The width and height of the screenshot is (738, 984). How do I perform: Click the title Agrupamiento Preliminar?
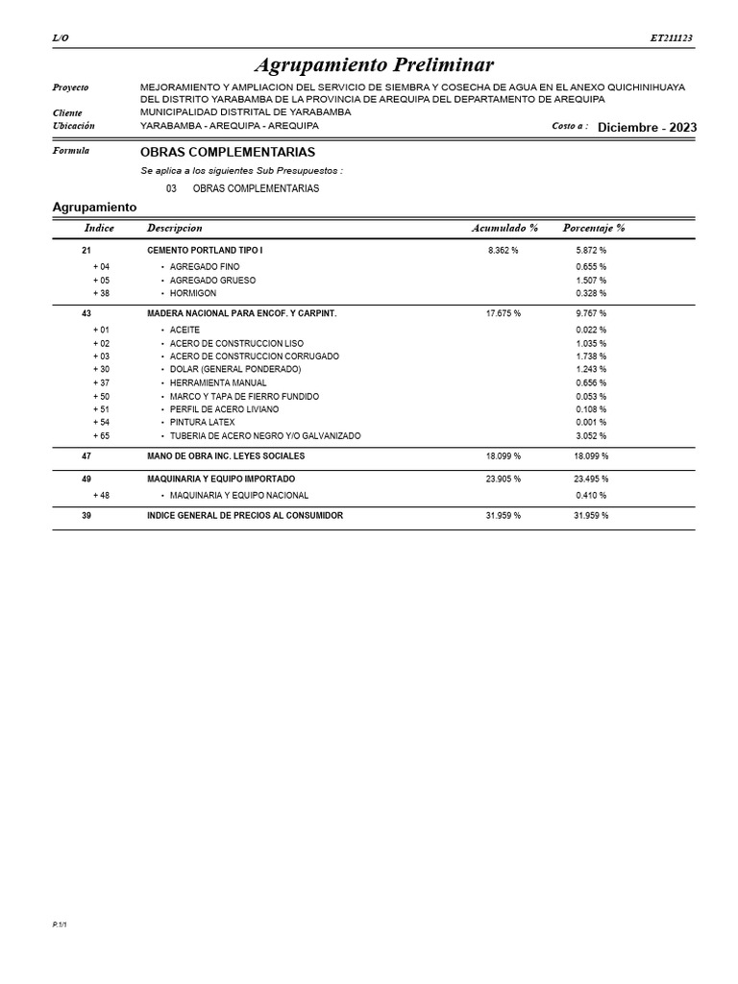tap(374, 65)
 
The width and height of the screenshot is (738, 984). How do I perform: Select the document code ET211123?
tap(671, 38)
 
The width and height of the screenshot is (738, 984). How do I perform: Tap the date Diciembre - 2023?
tap(647, 128)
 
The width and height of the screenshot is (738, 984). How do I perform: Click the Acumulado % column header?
tap(504, 229)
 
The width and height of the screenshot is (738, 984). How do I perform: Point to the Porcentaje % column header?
tap(593, 229)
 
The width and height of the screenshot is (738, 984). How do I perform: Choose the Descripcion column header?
tap(174, 229)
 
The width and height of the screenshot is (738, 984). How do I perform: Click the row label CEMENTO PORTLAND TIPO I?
tap(205, 250)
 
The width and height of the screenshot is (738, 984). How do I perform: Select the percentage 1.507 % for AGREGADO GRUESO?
tap(591, 281)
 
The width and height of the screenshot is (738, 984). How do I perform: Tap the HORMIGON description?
tap(193, 293)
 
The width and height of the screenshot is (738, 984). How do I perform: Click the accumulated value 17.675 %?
tap(504, 313)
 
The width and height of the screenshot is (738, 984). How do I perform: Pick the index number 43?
tap(86, 313)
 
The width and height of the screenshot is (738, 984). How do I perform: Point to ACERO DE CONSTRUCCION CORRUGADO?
tap(254, 357)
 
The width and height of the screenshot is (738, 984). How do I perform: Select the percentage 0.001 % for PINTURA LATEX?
tap(591, 423)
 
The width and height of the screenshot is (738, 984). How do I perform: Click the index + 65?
tap(101, 436)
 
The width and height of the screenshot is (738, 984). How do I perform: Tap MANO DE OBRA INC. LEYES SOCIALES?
tap(226, 456)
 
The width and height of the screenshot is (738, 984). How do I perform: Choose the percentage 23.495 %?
tap(591, 479)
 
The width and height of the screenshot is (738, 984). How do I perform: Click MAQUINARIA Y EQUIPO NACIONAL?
tap(239, 496)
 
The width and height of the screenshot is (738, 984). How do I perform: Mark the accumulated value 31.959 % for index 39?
tap(504, 516)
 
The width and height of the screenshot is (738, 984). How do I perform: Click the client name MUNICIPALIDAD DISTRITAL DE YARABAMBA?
tap(245, 112)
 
